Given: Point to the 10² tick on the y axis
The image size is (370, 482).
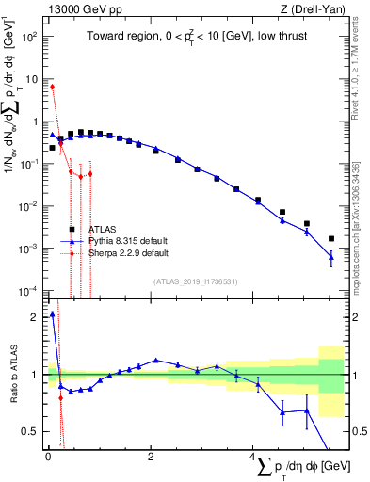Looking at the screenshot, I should coord(28,37).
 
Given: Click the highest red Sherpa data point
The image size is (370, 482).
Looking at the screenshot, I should coord(52,87).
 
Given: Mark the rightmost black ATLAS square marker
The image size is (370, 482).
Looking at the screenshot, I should coord(330,239).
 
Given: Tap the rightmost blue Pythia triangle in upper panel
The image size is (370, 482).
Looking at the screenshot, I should coord(330,256).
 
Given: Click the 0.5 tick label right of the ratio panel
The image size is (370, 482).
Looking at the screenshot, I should coord(358,431).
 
